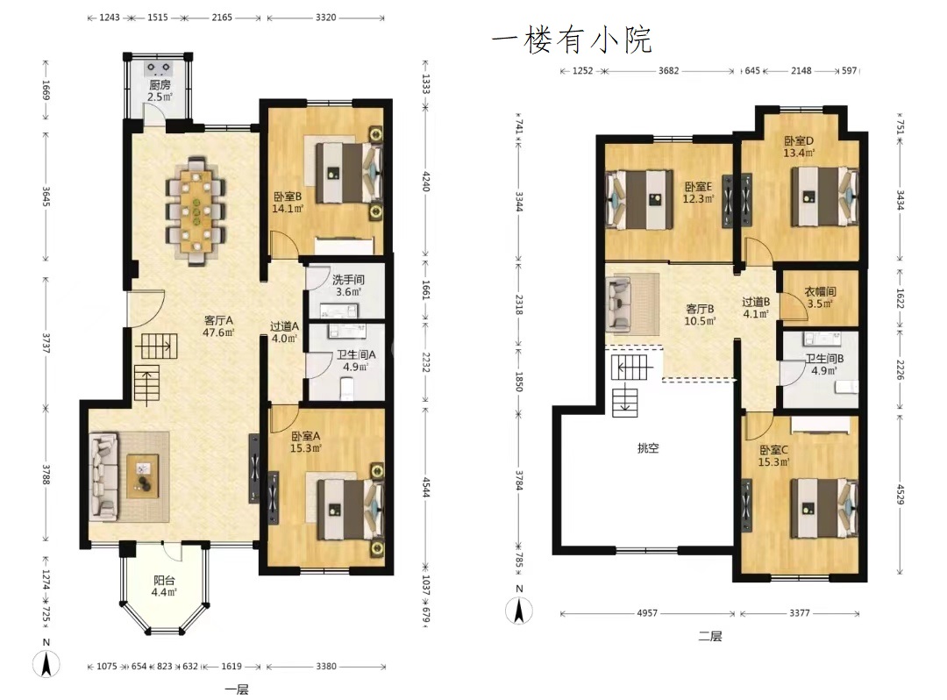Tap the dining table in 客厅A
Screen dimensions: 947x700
(196, 211)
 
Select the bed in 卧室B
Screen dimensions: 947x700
(349, 172)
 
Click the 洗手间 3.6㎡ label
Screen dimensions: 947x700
(348, 286)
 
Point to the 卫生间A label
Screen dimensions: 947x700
(356, 354)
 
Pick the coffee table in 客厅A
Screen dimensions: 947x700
(143, 476)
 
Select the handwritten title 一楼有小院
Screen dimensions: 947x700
(572, 40)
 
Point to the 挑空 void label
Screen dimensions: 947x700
(648, 447)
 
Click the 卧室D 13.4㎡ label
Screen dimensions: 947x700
(799, 146)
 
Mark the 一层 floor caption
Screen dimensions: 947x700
(236, 689)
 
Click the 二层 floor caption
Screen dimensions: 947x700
(710, 636)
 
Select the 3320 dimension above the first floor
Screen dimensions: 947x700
(325, 18)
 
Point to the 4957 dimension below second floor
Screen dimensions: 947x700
(647, 613)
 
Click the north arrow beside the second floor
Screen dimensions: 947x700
(519, 610)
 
